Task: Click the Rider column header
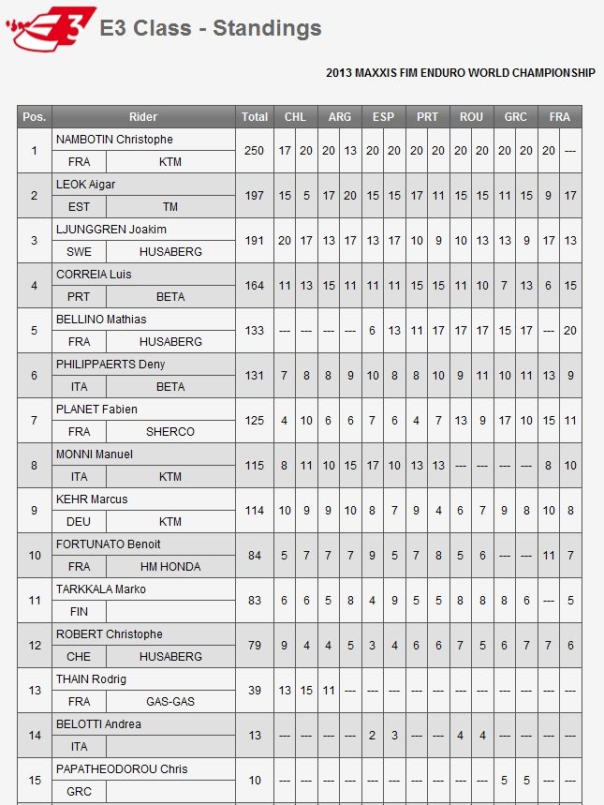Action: click(x=143, y=117)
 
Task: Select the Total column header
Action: click(x=254, y=117)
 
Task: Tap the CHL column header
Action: click(x=295, y=117)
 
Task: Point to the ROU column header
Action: click(x=471, y=117)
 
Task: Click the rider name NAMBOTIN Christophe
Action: click(x=114, y=140)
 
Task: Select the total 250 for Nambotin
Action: click(x=254, y=151)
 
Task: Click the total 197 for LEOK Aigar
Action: click(x=254, y=196)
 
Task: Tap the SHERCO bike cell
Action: click(x=170, y=432)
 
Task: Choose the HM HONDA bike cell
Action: click(x=170, y=567)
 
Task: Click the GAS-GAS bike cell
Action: click(x=170, y=702)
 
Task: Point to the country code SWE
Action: click(x=79, y=252)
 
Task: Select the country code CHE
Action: click(x=79, y=657)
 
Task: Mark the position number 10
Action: click(x=35, y=556)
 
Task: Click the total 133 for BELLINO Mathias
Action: click(x=254, y=331)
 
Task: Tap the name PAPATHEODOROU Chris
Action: click(x=122, y=769)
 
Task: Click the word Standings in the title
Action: click(x=267, y=28)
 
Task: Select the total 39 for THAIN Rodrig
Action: click(x=254, y=691)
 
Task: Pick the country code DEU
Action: click(x=79, y=522)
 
